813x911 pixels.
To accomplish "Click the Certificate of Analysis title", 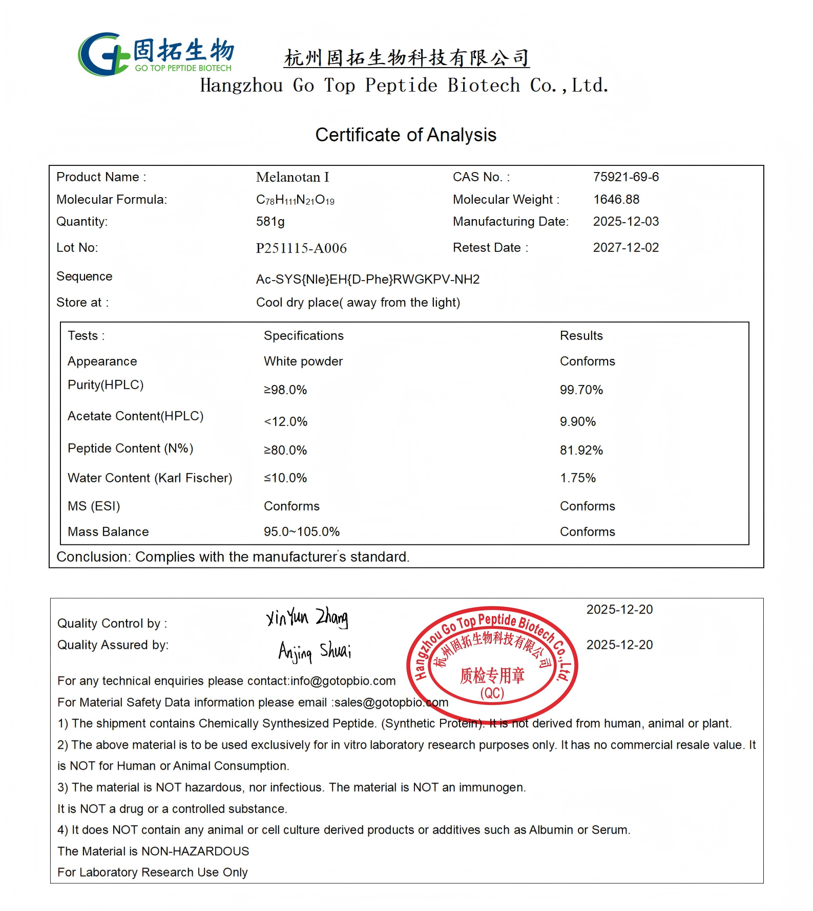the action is click(x=406, y=135).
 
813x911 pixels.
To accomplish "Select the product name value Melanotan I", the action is click(x=293, y=177).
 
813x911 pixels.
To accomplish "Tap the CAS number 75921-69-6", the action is click(x=626, y=177).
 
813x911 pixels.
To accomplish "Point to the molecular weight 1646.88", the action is click(x=616, y=199).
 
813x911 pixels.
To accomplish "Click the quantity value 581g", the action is click(x=270, y=222).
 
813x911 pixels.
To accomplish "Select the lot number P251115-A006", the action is click(x=301, y=248).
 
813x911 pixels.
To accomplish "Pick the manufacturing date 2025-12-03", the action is click(x=626, y=222).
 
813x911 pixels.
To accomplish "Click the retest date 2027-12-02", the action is click(x=626, y=248).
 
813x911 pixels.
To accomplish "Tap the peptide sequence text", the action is click(x=367, y=280).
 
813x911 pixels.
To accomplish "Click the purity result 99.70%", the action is click(x=581, y=390).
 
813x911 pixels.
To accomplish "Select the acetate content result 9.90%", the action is click(x=577, y=422).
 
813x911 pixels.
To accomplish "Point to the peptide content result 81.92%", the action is click(x=581, y=451).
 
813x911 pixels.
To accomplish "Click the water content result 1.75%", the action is click(x=577, y=478).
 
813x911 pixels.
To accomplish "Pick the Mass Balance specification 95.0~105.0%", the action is click(x=301, y=532).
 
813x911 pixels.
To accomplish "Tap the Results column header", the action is click(x=581, y=336).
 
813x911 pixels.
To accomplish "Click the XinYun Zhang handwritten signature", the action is click(x=307, y=618).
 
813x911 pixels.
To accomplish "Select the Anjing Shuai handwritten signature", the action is click(x=315, y=651).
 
